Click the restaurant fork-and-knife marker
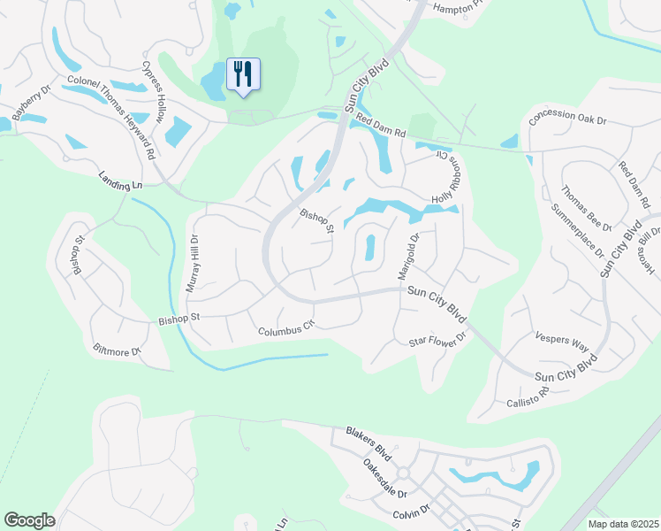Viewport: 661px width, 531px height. click(x=243, y=73)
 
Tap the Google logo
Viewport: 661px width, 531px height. click(x=29, y=520)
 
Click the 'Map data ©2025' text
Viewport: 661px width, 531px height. click(x=622, y=524)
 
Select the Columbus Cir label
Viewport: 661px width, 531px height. click(x=286, y=329)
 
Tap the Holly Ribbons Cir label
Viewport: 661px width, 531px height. click(x=447, y=176)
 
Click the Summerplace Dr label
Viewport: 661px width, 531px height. click(x=577, y=234)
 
